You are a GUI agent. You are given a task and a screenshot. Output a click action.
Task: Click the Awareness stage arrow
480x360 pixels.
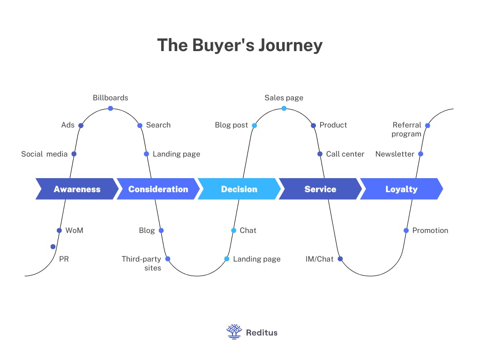coord(77,189)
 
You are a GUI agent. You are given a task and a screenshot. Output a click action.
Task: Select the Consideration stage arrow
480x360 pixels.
coord(158,189)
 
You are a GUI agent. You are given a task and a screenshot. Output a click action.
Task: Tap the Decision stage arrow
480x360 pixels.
coord(239,189)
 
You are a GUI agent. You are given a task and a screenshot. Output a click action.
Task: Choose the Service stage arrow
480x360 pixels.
coord(320,189)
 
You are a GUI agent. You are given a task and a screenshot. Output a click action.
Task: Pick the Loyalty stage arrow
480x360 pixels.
coord(401,189)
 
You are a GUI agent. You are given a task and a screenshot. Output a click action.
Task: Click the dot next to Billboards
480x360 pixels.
coord(111,108)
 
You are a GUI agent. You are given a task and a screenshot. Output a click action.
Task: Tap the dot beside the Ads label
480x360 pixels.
coord(81,125)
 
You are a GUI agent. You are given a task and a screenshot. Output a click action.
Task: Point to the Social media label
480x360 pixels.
coord(44,154)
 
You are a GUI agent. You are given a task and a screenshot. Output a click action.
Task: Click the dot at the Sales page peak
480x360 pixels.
coord(284,108)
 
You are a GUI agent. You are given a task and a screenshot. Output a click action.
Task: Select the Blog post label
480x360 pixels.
coord(231,125)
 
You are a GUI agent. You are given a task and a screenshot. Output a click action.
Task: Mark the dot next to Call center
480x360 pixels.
coord(320,154)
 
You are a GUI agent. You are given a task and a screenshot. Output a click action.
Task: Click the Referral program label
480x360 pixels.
coord(407,129)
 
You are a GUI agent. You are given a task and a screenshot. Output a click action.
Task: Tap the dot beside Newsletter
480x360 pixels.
coord(420,154)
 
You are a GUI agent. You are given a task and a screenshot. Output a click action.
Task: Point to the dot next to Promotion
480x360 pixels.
coord(406,230)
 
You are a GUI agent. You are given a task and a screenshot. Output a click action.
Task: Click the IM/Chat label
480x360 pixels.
coord(319,259)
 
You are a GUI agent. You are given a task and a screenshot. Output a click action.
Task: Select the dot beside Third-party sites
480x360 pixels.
coord(168,259)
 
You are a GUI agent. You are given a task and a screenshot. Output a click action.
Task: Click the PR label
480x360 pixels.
coord(64,259)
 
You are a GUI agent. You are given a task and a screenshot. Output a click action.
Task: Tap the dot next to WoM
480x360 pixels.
coord(59,230)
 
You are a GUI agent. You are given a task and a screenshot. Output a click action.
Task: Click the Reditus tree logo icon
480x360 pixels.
coord(234,332)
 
